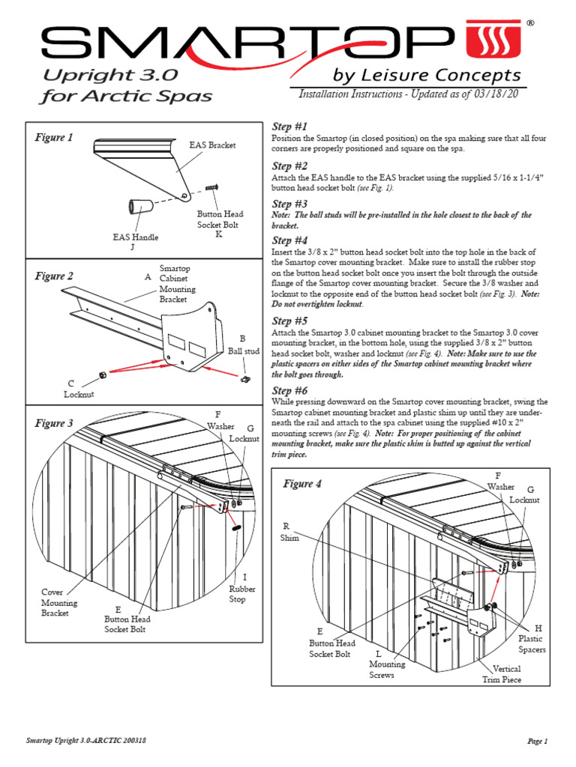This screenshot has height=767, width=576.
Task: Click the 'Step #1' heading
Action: tap(289, 127)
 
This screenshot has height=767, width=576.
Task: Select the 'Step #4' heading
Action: tap(289, 240)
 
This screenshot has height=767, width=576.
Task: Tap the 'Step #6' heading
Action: tap(289, 390)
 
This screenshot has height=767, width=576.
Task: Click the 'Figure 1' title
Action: tap(54, 137)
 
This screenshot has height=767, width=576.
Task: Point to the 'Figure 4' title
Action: tap(302, 484)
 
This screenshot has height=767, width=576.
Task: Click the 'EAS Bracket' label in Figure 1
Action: tap(212, 145)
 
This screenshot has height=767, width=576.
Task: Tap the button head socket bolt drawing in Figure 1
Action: tap(211, 187)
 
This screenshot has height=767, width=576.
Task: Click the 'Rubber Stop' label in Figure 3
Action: tap(242, 594)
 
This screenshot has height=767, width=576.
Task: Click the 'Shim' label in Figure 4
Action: tap(289, 532)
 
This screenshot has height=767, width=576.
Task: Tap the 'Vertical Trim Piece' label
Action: tap(502, 674)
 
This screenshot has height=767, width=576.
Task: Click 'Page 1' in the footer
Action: tap(537, 741)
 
